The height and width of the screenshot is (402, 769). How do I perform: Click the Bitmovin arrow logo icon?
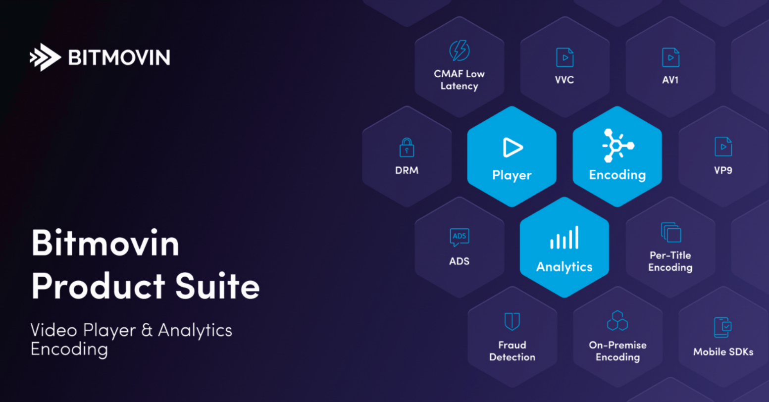tap(45, 57)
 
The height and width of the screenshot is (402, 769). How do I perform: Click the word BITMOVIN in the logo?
tap(119, 57)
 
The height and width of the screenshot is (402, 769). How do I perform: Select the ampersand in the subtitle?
tap(147, 330)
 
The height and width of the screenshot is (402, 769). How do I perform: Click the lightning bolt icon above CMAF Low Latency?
tap(459, 50)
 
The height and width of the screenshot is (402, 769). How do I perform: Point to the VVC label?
tap(564, 80)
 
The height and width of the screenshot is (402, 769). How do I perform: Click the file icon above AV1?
tap(670, 57)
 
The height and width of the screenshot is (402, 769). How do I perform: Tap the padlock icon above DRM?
tap(407, 148)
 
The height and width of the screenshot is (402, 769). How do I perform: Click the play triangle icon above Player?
tap(512, 148)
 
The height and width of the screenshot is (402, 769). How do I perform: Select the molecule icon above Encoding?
tap(617, 146)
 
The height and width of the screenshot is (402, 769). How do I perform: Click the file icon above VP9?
tap(723, 147)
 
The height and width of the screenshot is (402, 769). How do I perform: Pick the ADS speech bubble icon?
tap(459, 237)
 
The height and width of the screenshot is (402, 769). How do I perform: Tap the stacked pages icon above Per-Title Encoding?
tap(671, 232)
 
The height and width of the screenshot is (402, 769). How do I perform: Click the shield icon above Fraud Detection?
tap(512, 321)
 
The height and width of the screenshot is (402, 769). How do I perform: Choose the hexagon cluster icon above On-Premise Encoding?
tap(617, 321)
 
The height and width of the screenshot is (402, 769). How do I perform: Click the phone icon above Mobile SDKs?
tap(723, 327)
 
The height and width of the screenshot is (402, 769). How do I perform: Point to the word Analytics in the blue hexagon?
tap(564, 267)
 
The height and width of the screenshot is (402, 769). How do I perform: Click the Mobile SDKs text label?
tap(723, 352)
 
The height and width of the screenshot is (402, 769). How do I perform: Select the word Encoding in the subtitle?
tap(69, 349)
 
